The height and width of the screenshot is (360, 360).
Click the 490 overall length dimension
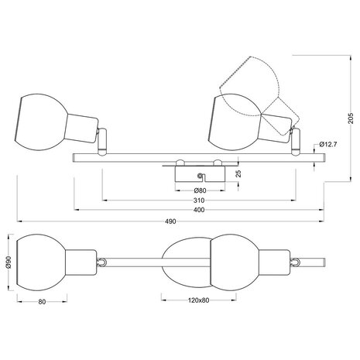click(170, 221)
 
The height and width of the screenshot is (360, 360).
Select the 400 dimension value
click(199, 210)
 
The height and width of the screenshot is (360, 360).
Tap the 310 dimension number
click(199, 201)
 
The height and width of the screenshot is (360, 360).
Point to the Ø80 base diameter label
click(200, 190)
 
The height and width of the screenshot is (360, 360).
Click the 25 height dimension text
click(238, 173)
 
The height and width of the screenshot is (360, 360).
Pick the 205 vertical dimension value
click(351, 118)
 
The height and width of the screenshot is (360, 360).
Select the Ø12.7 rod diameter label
click(327, 144)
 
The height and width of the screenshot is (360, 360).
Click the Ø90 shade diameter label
click(8, 262)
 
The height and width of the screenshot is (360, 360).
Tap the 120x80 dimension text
click(198, 300)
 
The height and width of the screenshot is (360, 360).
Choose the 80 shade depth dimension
click(42, 302)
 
